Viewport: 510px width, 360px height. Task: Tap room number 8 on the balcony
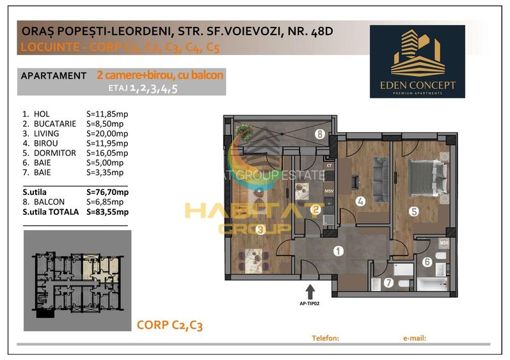pos(319,134)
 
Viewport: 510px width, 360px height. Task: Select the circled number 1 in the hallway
pos(338,251)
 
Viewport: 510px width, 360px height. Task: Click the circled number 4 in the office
pos(361,201)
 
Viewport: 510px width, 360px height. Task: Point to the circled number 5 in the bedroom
pos(414,210)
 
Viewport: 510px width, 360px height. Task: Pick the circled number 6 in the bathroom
pos(427,261)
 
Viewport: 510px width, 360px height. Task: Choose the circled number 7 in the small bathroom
pos(388,282)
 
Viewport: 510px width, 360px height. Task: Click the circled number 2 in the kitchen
pos(315,208)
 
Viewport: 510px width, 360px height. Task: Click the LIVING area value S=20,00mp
pos(107,134)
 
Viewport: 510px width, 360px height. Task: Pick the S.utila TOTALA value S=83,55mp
pos(107,212)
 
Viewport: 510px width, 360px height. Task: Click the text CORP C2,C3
pos(170,325)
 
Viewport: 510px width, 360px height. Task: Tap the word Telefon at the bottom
pos(324,338)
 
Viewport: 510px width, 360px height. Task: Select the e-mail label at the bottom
pos(415,338)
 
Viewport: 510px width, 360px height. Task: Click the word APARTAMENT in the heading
pos(54,75)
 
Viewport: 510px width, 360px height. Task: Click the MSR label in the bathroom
pos(443,244)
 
